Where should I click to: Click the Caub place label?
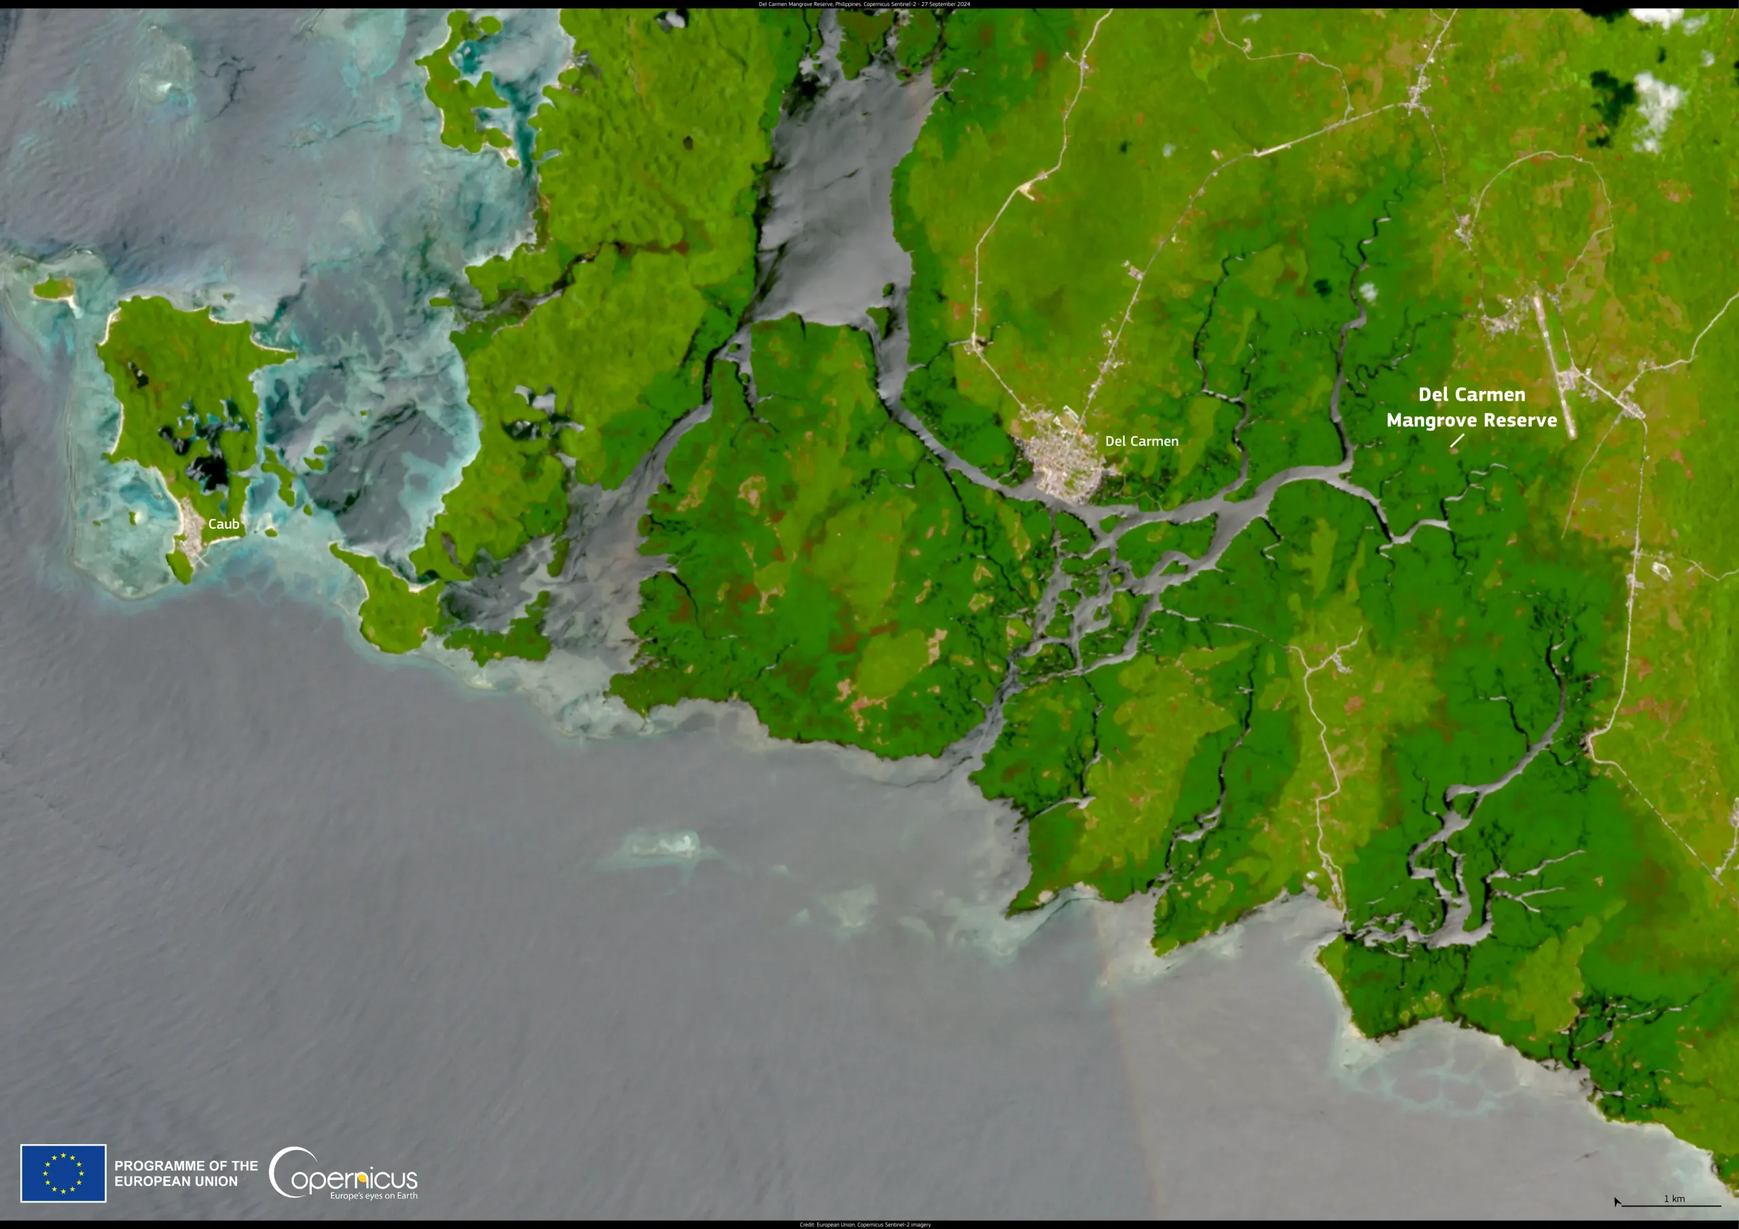coord(223,524)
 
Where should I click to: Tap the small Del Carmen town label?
coord(1141,441)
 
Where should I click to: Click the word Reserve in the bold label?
coord(1520,420)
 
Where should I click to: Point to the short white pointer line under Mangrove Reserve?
coord(1456,440)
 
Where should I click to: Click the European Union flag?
coord(64,1173)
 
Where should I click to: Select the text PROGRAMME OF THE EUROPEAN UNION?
coord(185,1173)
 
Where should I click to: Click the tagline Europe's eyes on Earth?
coord(374,1196)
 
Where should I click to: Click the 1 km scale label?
coord(1674,1198)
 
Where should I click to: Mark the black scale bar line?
coord(1671,1205)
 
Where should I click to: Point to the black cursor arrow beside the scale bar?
coord(1616,1202)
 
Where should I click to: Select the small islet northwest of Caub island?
coord(54,288)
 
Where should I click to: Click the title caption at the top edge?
coord(864,4)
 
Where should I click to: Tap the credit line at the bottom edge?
coord(865,1224)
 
